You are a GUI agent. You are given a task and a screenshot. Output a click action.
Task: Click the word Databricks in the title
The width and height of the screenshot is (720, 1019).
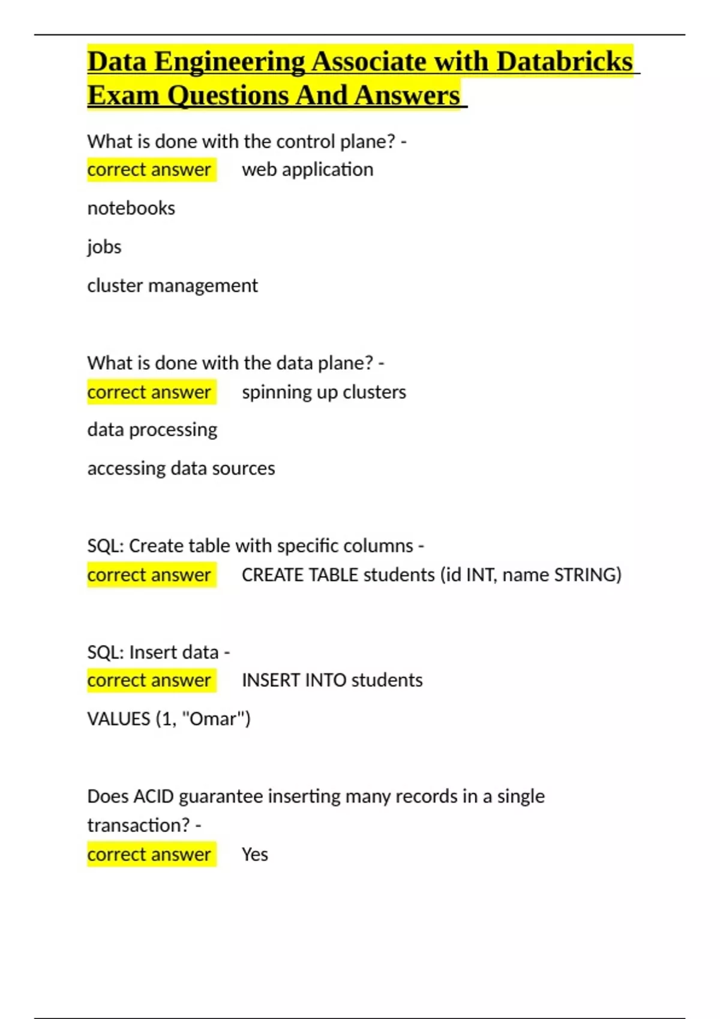pos(565,62)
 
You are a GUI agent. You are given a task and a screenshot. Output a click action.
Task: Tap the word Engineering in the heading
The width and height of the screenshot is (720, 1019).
pos(229,62)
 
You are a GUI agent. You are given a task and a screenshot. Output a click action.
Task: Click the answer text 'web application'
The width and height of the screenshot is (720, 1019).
pos(307,170)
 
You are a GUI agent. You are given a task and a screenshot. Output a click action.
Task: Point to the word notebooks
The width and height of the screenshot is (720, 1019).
pos(131,208)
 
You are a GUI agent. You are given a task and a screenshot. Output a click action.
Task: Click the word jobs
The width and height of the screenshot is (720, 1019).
pos(104,247)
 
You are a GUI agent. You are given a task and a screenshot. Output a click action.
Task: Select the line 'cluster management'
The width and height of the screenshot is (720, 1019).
pos(172,285)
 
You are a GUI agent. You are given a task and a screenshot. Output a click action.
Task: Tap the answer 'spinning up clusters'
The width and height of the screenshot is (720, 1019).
pos(323,392)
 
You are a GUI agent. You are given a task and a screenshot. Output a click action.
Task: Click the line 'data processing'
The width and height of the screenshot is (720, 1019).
pos(152,430)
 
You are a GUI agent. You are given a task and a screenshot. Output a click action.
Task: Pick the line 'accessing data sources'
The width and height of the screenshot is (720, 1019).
pos(181,468)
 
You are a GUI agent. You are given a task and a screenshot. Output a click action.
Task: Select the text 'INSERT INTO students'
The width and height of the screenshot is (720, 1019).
pos(332,680)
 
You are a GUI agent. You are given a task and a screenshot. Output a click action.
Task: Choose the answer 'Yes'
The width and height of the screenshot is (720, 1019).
pos(254,855)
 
